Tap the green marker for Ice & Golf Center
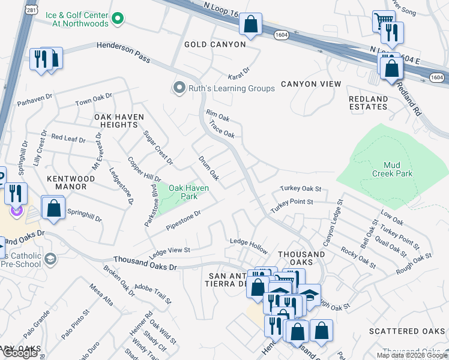click(118, 18)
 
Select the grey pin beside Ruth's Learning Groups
click(178, 88)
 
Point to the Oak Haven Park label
click(188, 192)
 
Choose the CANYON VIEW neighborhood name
click(310, 84)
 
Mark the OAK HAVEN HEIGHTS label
click(116, 120)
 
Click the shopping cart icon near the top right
click(382, 20)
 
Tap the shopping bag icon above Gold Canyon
click(251, 25)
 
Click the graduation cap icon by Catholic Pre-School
click(51, 259)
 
